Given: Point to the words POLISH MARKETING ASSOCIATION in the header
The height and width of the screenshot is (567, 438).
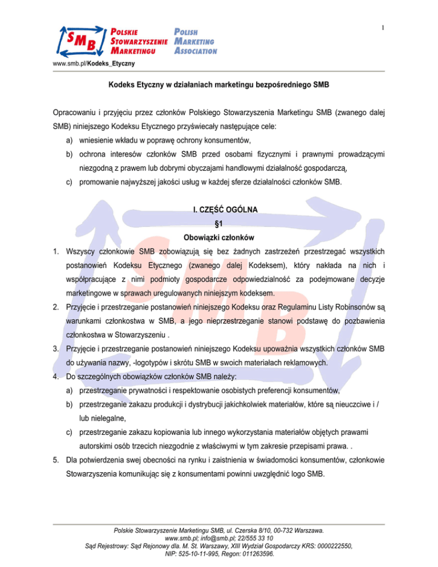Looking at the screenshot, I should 194,40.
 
